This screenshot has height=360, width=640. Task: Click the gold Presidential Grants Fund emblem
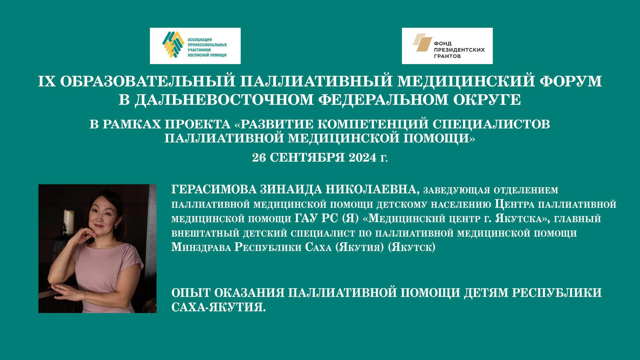422,43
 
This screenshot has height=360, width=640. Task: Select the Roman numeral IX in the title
46,82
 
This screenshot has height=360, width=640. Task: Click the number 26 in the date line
259,157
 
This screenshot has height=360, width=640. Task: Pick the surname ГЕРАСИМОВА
213,189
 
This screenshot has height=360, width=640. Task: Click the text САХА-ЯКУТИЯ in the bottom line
218,307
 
